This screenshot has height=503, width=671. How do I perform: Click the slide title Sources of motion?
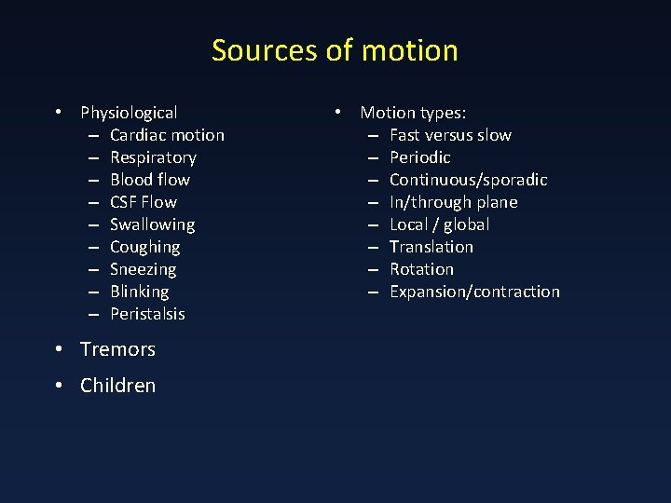(335, 50)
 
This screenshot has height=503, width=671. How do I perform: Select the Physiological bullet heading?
(129, 113)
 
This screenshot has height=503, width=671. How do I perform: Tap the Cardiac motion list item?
(167, 135)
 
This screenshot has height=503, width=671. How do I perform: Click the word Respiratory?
(153, 157)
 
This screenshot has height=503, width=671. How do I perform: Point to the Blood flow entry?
(149, 180)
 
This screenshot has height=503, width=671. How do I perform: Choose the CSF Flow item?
(143, 202)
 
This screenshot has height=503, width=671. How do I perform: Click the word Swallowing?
(152, 224)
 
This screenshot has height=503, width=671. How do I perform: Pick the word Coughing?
(144, 247)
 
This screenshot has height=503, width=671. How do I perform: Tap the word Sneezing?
(143, 269)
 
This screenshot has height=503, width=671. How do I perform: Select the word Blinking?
(139, 292)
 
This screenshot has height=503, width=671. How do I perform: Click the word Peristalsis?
(147, 314)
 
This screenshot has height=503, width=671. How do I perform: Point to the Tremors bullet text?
(117, 349)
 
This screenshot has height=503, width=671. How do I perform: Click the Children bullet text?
(117, 386)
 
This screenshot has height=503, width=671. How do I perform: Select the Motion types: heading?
(413, 113)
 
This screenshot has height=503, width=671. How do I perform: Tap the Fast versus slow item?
(450, 135)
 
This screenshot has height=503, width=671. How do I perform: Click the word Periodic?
(419, 157)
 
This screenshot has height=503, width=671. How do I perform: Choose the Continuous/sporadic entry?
(468, 180)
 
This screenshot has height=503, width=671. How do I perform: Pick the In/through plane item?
(453, 202)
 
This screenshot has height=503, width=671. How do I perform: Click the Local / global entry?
(439, 224)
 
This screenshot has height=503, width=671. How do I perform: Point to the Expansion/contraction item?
(474, 292)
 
